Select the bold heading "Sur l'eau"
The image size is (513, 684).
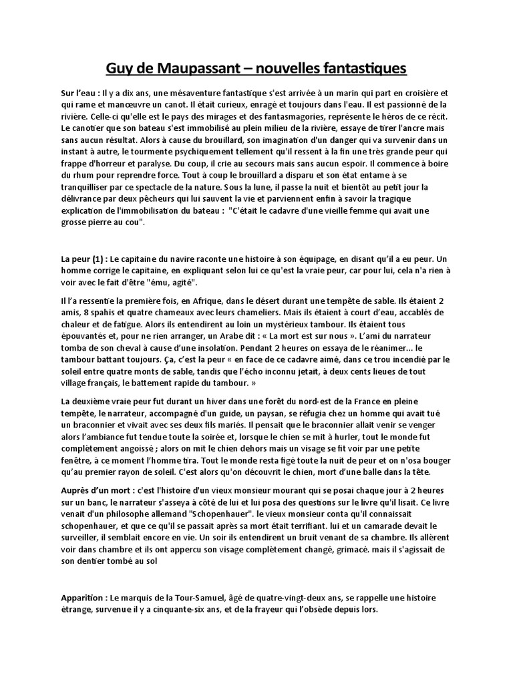81,94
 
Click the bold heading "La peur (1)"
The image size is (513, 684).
83,259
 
